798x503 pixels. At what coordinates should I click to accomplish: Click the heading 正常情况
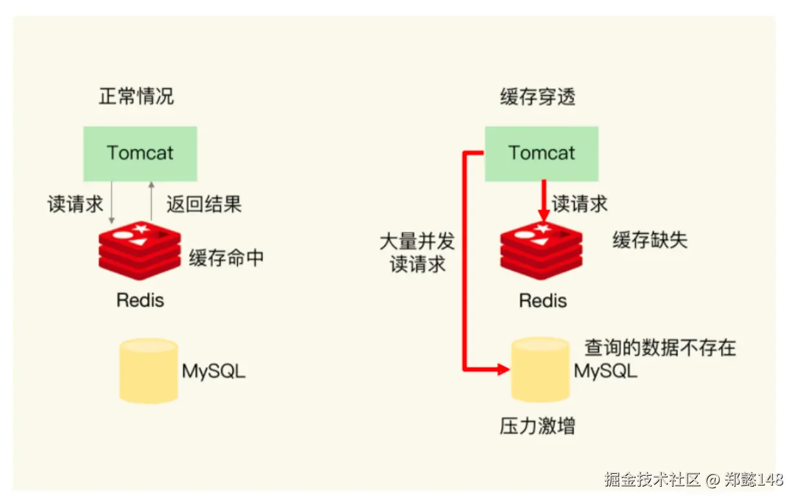click(136, 97)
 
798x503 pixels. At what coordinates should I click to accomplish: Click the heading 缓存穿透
click(538, 97)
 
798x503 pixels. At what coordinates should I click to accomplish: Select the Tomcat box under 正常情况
click(140, 153)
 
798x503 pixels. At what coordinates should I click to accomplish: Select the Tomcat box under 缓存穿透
click(542, 153)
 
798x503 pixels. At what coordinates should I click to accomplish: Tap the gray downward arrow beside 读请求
click(112, 202)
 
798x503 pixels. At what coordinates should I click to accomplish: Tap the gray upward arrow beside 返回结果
click(151, 202)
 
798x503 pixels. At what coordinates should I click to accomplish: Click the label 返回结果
click(204, 204)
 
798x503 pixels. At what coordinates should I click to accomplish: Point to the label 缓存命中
click(226, 258)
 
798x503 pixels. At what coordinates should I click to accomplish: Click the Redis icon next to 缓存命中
click(139, 250)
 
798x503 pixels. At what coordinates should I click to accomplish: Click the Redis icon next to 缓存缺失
click(541, 250)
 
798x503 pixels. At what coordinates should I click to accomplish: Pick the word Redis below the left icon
click(140, 300)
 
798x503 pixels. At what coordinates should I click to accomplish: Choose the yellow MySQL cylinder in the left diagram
click(148, 370)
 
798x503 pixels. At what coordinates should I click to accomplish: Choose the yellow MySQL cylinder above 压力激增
click(540, 369)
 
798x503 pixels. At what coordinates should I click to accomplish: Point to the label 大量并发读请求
click(417, 253)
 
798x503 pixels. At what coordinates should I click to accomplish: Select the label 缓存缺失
click(650, 240)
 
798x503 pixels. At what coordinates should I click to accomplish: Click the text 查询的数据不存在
click(660, 348)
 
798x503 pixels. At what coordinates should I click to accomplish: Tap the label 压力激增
click(537, 426)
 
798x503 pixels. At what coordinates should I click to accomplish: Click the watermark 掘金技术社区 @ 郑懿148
click(693, 480)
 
